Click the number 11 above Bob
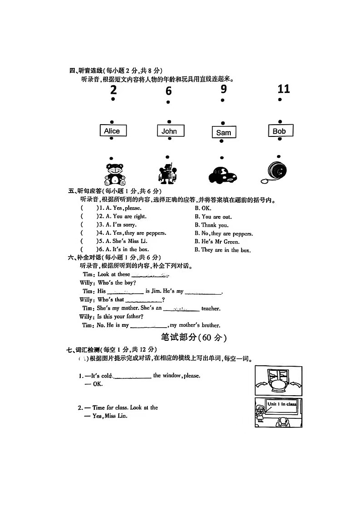[283, 88]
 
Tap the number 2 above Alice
[113, 90]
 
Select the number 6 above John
[169, 91]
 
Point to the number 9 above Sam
[224, 89]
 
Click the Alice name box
[112, 131]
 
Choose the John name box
[169, 131]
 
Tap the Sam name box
[224, 132]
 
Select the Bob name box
[280, 131]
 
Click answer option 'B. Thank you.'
[212, 225]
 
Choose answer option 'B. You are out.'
[213, 217]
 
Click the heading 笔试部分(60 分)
[194, 338]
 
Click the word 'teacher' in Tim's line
[211, 309]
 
